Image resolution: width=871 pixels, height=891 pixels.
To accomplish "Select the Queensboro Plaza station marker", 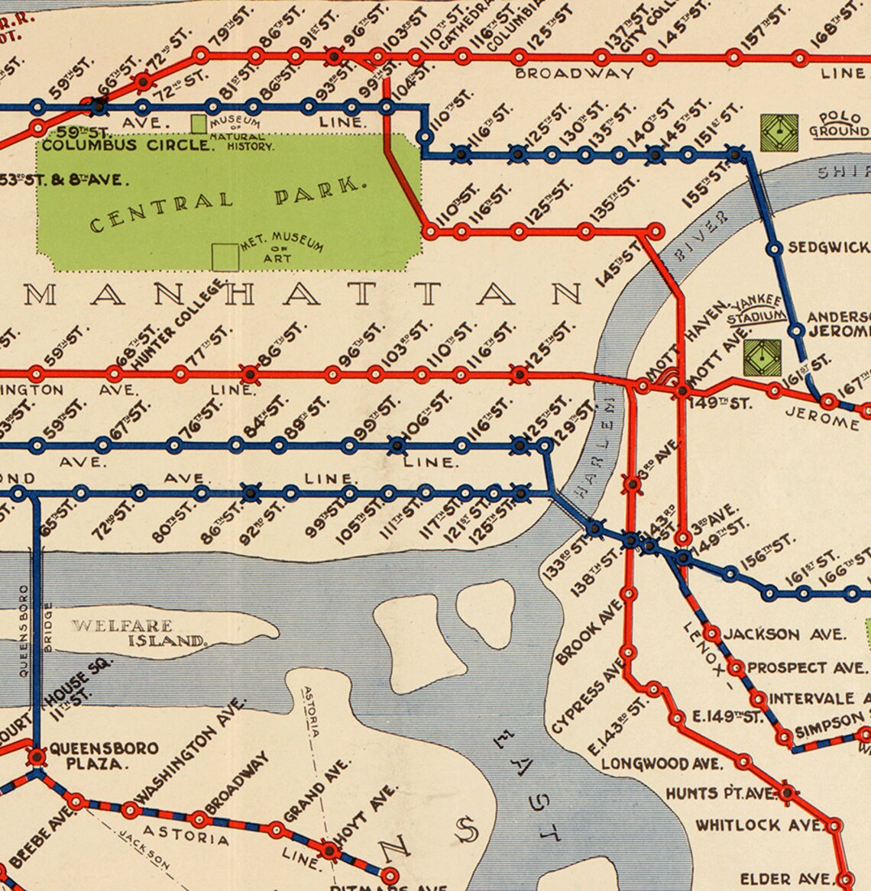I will [x=36, y=756].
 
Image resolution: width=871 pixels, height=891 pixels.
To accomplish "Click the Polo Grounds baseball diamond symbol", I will [x=779, y=133].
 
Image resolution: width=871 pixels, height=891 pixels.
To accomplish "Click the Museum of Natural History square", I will [x=199, y=123].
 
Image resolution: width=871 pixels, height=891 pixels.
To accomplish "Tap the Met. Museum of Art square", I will [x=225, y=257].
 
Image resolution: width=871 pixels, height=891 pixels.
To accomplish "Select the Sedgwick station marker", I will [x=774, y=248].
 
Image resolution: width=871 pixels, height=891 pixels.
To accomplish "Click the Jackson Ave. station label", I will [x=784, y=634].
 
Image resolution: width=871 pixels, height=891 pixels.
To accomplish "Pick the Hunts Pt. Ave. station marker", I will [x=787, y=793].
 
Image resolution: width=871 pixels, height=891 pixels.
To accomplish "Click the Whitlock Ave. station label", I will [x=758, y=825].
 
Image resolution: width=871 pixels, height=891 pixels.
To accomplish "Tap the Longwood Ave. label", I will [x=661, y=763].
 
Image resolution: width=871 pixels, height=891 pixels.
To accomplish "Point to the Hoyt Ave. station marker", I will [x=329, y=850].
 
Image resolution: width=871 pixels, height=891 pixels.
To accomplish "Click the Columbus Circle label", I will [x=126, y=144].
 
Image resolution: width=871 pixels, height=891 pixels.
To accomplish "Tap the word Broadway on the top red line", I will [x=574, y=73].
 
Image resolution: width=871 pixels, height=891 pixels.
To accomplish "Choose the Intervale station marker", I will [x=759, y=699].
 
